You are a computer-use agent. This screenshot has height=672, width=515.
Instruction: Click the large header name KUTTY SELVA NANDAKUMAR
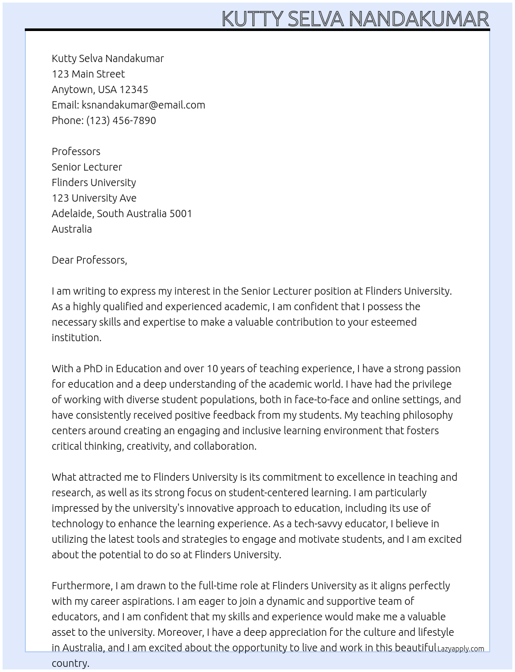pyautogui.click(x=355, y=19)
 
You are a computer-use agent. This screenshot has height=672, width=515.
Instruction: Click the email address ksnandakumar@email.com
pyautogui.click(x=143, y=105)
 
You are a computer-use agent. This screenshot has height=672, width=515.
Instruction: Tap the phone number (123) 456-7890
pyautogui.click(x=121, y=120)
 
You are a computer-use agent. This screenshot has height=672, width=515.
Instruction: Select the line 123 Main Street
pyautogui.click(x=88, y=74)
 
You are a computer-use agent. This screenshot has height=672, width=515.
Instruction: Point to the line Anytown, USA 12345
pyautogui.click(x=100, y=89)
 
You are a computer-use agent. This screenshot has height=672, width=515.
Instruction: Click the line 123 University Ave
pyautogui.click(x=94, y=198)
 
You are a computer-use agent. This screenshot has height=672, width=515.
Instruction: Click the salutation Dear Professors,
pyautogui.click(x=89, y=260)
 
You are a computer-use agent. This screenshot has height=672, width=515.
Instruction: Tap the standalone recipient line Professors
pyautogui.click(x=76, y=151)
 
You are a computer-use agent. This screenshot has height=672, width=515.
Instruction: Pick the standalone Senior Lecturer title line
pyautogui.click(x=87, y=167)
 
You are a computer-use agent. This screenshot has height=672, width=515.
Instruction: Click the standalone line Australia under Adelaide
pyautogui.click(x=72, y=229)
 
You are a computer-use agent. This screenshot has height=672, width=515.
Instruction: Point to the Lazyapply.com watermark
pyautogui.click(x=461, y=649)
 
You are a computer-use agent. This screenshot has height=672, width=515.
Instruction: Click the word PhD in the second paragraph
pyautogui.click(x=93, y=369)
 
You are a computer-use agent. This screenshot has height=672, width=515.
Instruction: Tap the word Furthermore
pyautogui.click(x=82, y=586)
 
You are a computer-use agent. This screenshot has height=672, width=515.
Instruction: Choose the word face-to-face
pyautogui.click(x=325, y=400)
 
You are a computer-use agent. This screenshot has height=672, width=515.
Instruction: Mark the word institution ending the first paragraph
pyautogui.click(x=76, y=338)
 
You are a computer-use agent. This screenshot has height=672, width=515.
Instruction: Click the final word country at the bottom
pyautogui.click(x=70, y=663)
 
